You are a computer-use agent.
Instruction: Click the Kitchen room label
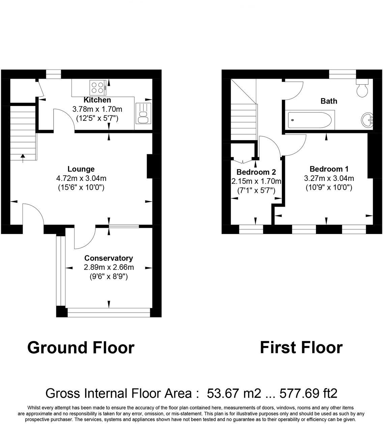pyautogui.click(x=97, y=100)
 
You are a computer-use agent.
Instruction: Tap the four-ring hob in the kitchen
pyautogui.click(x=98, y=87)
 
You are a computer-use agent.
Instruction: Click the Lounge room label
pyautogui.click(x=81, y=169)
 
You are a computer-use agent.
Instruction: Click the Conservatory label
pyautogui.click(x=109, y=258)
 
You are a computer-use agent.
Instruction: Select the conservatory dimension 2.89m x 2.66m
pyautogui.click(x=109, y=268)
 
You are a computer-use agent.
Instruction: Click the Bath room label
pyautogui.click(x=329, y=101)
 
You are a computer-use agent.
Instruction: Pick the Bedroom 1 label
pyautogui.click(x=329, y=169)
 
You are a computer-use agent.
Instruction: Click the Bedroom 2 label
pyautogui.click(x=256, y=172)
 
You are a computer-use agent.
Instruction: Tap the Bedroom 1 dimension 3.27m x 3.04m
pyautogui.click(x=329, y=178)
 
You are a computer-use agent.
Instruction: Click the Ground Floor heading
pyautogui.click(x=81, y=347)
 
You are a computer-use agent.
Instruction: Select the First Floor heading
pyautogui.click(x=301, y=347)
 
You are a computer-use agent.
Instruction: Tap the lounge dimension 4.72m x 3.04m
pyautogui.click(x=81, y=178)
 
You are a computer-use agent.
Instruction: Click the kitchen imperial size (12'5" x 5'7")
pyautogui.click(x=97, y=118)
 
